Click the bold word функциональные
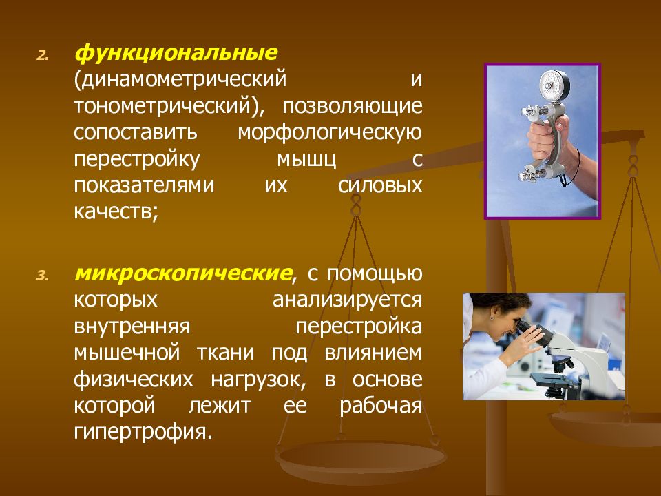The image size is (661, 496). [176, 53]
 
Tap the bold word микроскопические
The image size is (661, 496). [182, 274]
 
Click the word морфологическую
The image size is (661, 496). [329, 132]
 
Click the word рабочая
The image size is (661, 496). [379, 405]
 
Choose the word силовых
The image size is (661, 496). [380, 185]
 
